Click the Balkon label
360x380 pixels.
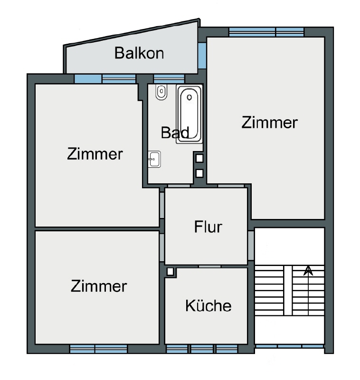click(x=139, y=53)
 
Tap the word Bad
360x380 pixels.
click(x=175, y=132)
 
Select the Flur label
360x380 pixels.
click(x=208, y=227)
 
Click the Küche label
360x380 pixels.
click(x=208, y=305)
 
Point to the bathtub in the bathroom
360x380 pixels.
click(x=189, y=114)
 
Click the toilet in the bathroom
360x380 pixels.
click(x=161, y=92)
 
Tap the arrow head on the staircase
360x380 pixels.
click(x=308, y=271)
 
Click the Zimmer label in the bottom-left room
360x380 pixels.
click(x=99, y=286)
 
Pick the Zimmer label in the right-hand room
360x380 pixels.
click(x=269, y=122)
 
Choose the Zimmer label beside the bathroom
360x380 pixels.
click(x=95, y=154)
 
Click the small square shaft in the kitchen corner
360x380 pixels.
click(x=170, y=272)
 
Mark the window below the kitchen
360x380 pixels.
click(x=202, y=349)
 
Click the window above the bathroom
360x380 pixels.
click(x=169, y=78)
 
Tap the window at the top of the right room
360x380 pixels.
click(x=266, y=32)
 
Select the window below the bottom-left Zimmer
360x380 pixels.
click(x=98, y=349)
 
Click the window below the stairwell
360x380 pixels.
click(x=289, y=347)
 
